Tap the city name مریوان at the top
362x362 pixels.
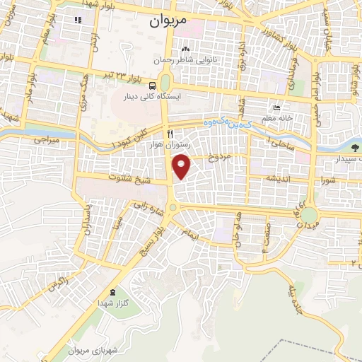(x=168, y=21)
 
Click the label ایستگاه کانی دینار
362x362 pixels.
(x=163, y=95)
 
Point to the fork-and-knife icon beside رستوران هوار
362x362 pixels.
(x=168, y=134)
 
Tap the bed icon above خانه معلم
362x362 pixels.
(x=277, y=109)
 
